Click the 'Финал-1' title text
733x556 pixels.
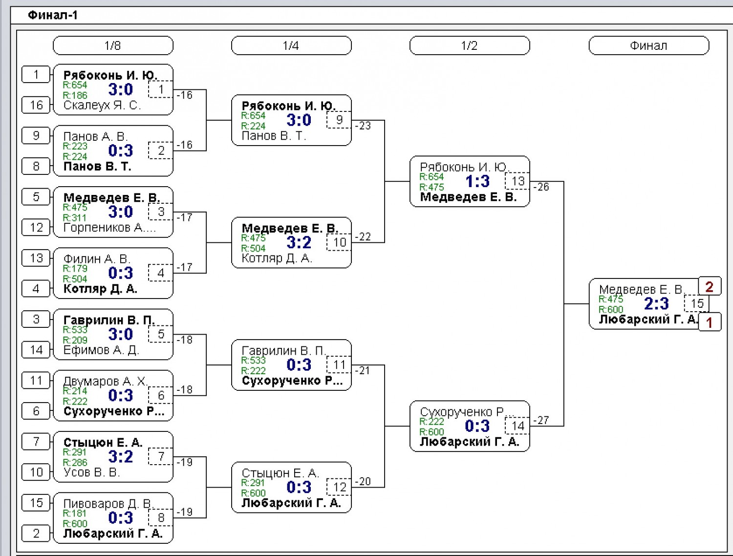coord(53,15)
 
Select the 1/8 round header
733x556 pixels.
coord(113,45)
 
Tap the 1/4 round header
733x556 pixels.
coord(291,45)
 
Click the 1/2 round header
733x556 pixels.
coord(470,45)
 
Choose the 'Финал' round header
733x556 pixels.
coord(648,45)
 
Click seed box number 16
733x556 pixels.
coord(36,105)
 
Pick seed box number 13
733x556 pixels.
coord(36,258)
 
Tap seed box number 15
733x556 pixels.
coord(36,503)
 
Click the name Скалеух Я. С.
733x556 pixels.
coord(102,106)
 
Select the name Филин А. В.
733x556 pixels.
coord(97,258)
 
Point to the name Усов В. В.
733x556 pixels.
coord(91,472)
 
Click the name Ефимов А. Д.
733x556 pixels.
coord(101,350)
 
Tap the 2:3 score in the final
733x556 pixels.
coord(656,304)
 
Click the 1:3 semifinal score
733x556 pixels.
coord(477,182)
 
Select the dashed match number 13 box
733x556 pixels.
coord(517,181)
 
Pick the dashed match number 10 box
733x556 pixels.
coord(339,242)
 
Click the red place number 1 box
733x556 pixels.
coord(710,321)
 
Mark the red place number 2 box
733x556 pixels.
coord(710,286)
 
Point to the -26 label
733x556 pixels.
coord(541,187)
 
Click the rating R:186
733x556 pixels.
coord(75,95)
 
